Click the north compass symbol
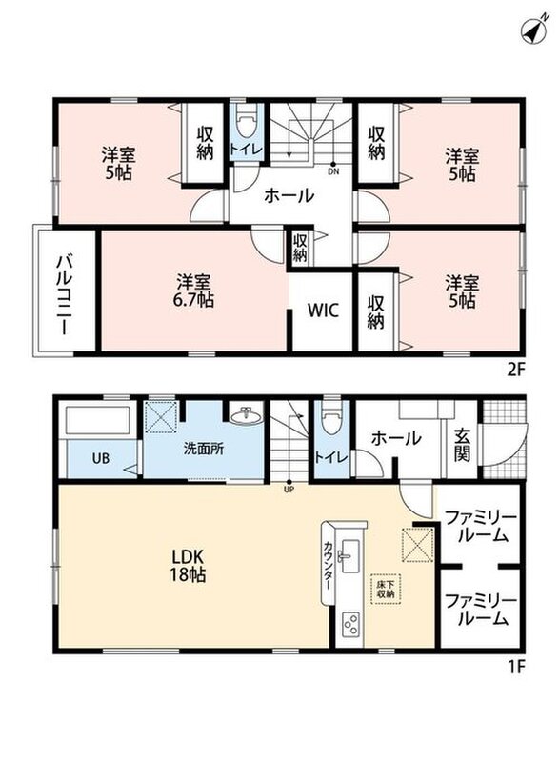pos(534,30)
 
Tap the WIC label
pos(323,311)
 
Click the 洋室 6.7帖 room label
pos(193,291)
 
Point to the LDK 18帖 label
pos(188,565)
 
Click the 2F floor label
pos(516,371)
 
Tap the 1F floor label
pos(518,667)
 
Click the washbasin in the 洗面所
pos(246,415)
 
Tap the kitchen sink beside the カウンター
pos(349,555)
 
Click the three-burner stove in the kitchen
pos(350,623)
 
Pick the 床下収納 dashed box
pos(386,589)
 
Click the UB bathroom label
pos(101,458)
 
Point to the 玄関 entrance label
pos(462,445)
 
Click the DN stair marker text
pos(333,171)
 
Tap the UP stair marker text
pos(289,490)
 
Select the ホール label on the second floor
pos(289,196)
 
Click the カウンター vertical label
pos(329,564)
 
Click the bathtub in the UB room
pos(97,420)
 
